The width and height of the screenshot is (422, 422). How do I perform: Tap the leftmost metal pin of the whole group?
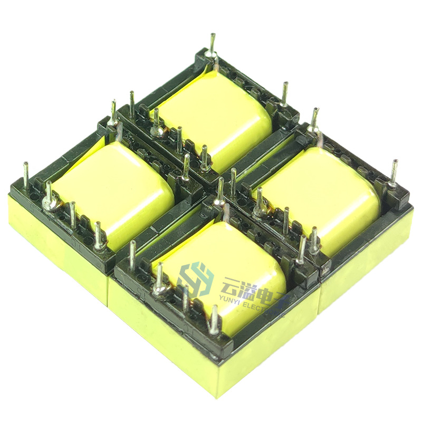26,174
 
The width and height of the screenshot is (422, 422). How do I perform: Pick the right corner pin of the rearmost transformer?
285,95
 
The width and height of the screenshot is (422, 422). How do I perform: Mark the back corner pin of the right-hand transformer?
315,119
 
